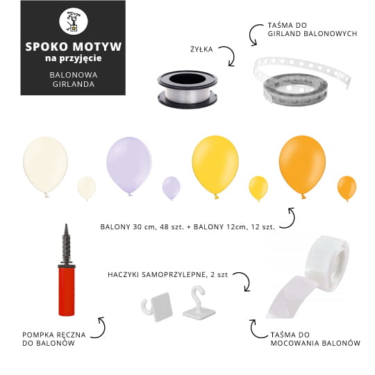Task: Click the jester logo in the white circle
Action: click(73, 22)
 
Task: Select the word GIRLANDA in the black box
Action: click(74, 84)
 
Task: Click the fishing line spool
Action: click(187, 89)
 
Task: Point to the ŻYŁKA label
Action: click(201, 49)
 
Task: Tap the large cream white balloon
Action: click(45, 166)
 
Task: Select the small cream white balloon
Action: click(86, 188)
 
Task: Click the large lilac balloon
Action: click(129, 165)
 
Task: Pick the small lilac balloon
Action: click(172, 187)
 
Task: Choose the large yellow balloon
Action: click(215, 165)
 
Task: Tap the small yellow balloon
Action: click(258, 188)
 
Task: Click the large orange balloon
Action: click(302, 165)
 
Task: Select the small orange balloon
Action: click(347, 188)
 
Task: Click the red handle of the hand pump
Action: click(67, 292)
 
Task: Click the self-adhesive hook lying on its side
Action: click(157, 307)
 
